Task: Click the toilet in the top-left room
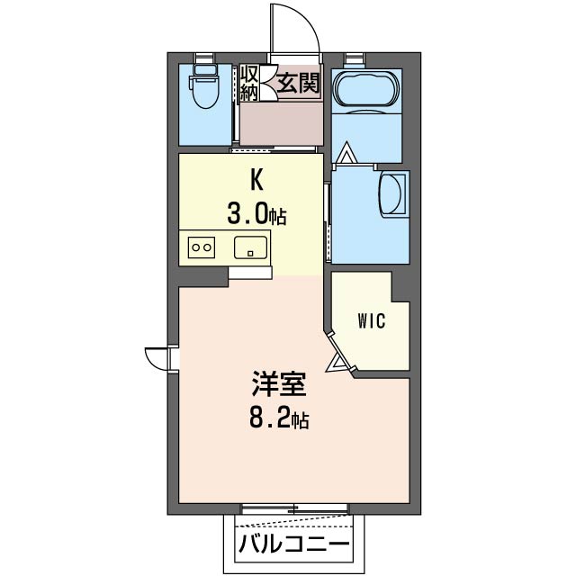204,87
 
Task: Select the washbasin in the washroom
393,193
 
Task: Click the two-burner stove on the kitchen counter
202,247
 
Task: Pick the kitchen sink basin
250,247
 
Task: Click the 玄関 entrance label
298,83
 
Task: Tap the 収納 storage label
248,83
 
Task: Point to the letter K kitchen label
256,180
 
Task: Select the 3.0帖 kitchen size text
256,214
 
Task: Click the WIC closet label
372,321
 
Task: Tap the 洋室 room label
279,384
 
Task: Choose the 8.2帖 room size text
279,418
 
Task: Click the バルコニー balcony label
294,544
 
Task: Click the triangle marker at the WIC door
336,364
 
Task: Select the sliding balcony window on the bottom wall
294,509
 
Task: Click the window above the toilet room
204,58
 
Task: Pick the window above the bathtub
355,58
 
